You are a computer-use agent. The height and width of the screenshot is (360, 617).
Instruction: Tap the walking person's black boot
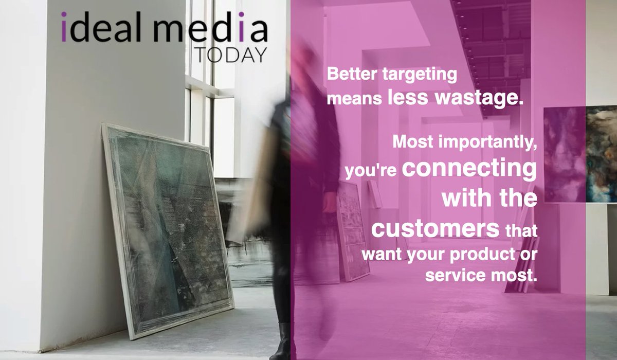[282, 342]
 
